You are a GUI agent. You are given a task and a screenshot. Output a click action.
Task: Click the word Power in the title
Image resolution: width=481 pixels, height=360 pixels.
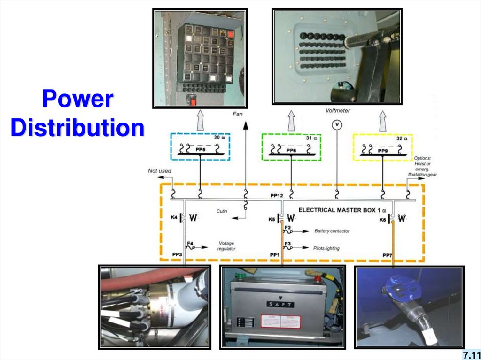[78, 100]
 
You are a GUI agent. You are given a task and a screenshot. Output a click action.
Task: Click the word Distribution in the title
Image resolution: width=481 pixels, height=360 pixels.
[78, 128]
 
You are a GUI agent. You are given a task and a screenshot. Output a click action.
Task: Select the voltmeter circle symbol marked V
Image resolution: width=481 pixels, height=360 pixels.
[337, 125]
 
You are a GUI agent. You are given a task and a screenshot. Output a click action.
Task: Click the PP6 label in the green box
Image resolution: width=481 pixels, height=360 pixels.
[292, 150]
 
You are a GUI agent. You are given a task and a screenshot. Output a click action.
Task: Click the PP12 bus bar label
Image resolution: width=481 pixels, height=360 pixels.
[276, 194]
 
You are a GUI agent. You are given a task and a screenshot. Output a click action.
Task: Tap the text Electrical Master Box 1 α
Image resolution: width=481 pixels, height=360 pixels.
[342, 211]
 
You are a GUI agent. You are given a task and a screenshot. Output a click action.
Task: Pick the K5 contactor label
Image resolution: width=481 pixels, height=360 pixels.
[272, 218]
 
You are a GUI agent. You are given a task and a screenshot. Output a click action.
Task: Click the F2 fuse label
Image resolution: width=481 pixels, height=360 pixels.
[288, 228]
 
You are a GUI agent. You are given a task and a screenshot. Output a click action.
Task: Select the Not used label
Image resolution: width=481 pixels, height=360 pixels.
[160, 171]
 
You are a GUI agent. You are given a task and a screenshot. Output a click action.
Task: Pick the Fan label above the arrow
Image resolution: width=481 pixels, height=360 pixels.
[238, 114]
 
